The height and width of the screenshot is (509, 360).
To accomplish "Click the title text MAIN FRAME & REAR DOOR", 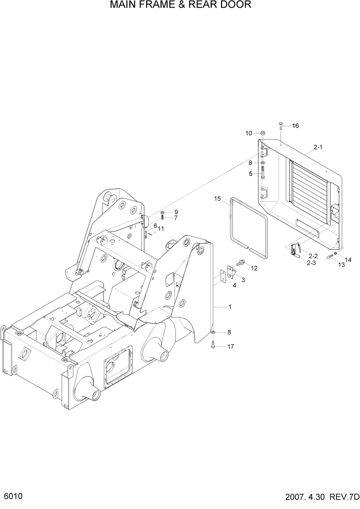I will pyautogui.click(x=180, y=6).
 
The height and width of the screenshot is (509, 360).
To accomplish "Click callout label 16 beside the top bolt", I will pyautogui.click(x=295, y=126).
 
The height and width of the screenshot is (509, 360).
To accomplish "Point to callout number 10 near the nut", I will pyautogui.click(x=249, y=133).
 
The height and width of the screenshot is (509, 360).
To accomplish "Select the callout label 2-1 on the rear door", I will pyautogui.click(x=317, y=148).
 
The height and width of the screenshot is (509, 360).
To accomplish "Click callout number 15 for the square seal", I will pyautogui.click(x=217, y=199).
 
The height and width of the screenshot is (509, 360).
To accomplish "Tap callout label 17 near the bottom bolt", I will pyautogui.click(x=230, y=347).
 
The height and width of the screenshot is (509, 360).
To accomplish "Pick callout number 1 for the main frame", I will pyautogui.click(x=230, y=307).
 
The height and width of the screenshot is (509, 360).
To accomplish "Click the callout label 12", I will pyautogui.click(x=253, y=268).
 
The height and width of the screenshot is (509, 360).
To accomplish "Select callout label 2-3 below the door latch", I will pyautogui.click(x=311, y=262).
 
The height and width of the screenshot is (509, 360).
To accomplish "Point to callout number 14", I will pyautogui.click(x=348, y=260).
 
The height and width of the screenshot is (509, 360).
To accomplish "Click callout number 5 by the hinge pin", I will pyautogui.click(x=251, y=173).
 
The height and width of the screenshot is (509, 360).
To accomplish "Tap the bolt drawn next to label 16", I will pyautogui.click(x=281, y=126).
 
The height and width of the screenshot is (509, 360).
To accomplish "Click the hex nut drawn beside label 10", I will pyautogui.click(x=263, y=134).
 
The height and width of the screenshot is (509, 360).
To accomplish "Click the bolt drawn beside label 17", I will pyautogui.click(x=213, y=346).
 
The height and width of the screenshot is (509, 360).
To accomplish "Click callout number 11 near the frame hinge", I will pyautogui.click(x=161, y=229).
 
